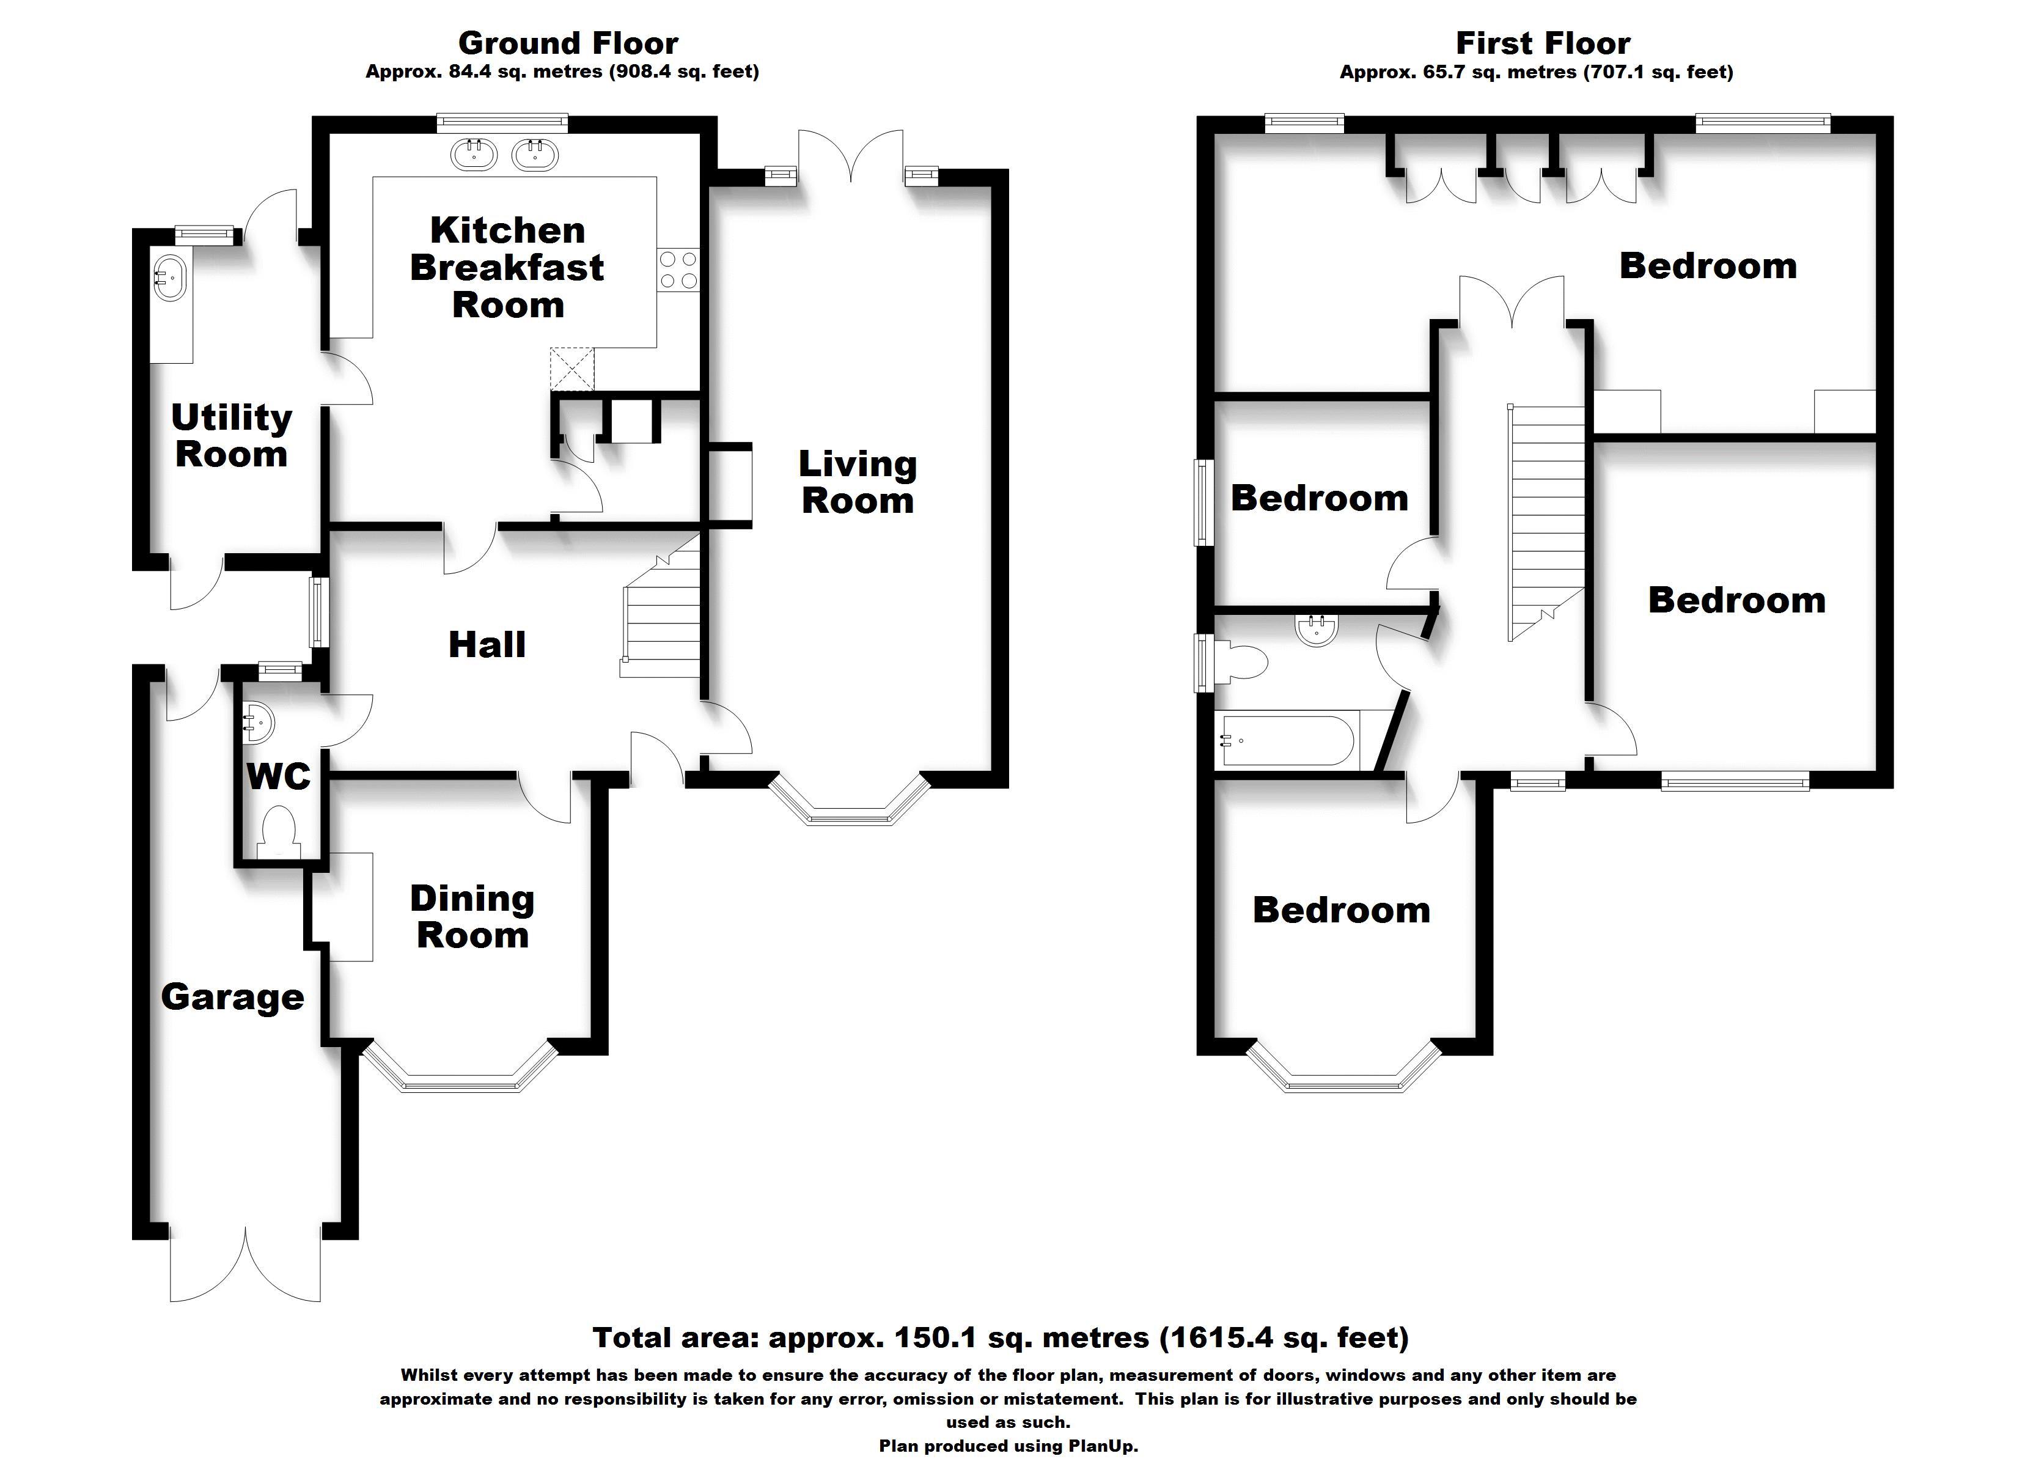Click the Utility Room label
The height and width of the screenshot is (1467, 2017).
click(231, 435)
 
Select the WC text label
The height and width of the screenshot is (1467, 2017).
click(278, 777)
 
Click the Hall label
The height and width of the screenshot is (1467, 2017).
click(487, 644)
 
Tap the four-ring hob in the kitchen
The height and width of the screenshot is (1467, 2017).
click(678, 270)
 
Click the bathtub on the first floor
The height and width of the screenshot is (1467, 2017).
click(1288, 739)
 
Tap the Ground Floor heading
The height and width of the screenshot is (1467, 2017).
click(567, 43)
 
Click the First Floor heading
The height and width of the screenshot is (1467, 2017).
click(1543, 43)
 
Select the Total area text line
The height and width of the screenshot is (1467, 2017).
click(1001, 1337)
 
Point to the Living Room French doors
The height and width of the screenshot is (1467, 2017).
click(851, 156)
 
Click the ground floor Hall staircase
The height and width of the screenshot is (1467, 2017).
click(663, 614)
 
